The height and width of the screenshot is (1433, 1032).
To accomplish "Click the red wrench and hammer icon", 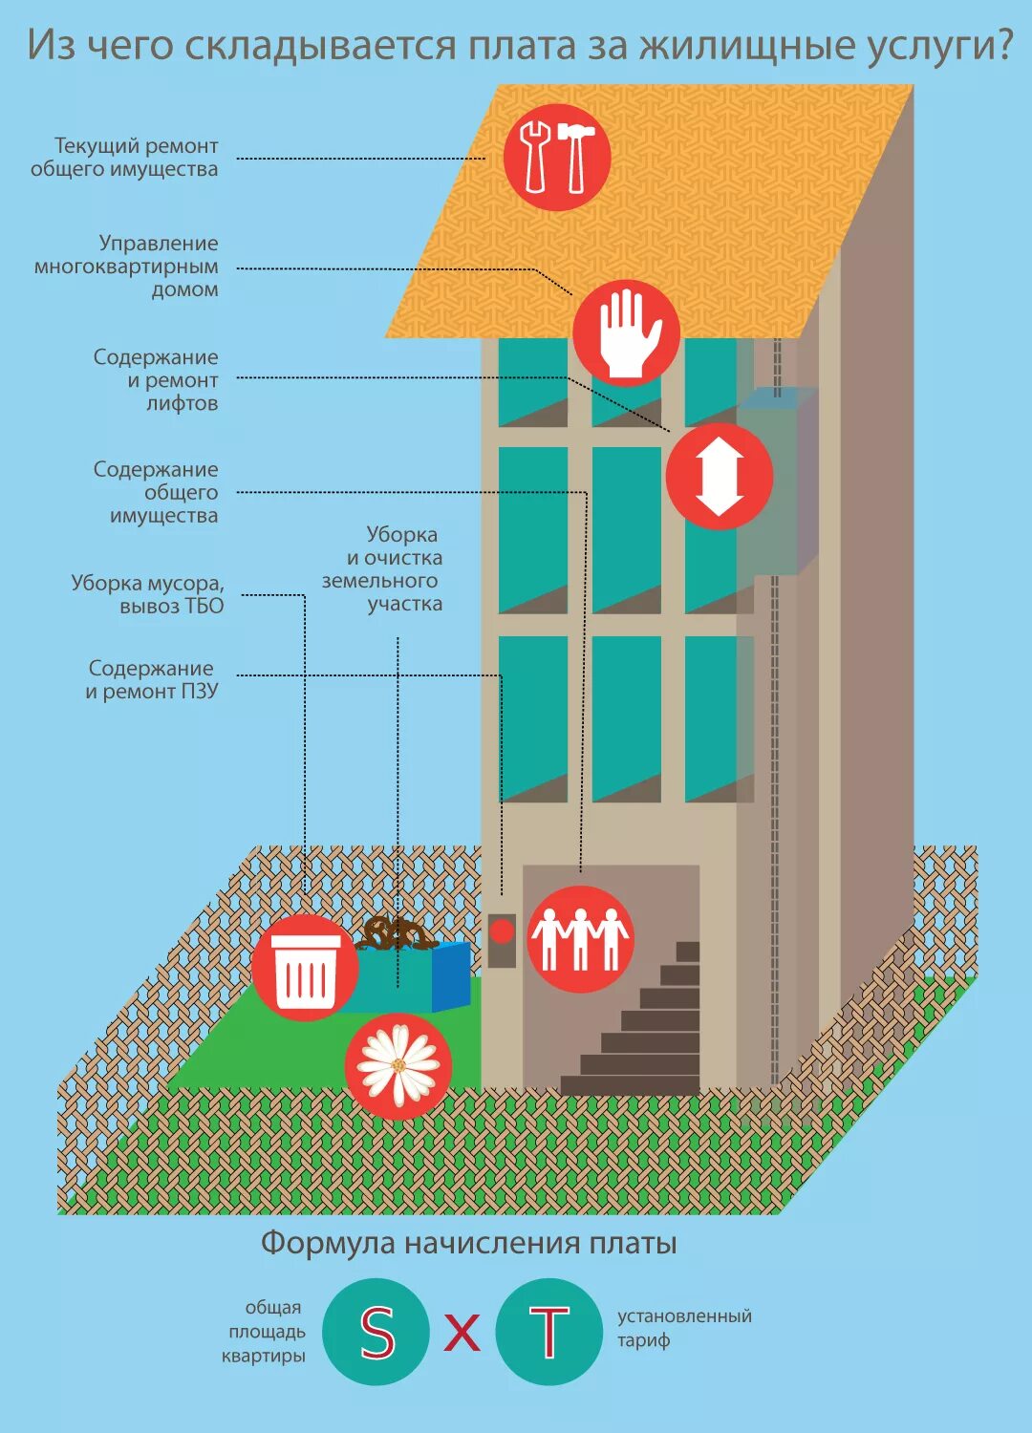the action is (x=557, y=158).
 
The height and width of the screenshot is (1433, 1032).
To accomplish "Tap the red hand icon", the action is (x=626, y=333).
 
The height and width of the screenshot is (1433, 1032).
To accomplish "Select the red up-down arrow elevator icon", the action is (x=720, y=476).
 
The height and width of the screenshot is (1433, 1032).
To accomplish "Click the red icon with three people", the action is (x=580, y=938).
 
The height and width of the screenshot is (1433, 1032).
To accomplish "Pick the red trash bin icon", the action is (x=306, y=968).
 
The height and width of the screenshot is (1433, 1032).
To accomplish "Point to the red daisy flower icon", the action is (x=398, y=1066).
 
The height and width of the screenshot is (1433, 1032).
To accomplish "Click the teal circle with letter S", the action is (x=376, y=1332).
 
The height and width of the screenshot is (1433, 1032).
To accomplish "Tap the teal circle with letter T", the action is (x=549, y=1332).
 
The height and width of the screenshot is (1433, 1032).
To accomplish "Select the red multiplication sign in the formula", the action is (x=462, y=1332).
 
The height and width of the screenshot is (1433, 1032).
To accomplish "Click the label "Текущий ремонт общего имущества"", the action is (x=125, y=158).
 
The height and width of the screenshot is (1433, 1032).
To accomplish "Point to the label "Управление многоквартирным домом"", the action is (x=127, y=267).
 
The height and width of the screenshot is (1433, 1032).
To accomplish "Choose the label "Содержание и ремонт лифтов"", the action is (x=157, y=380).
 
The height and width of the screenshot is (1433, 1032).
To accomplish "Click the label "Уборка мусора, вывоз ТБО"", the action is (x=148, y=594).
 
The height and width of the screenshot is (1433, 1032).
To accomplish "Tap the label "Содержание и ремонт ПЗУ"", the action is (x=151, y=679).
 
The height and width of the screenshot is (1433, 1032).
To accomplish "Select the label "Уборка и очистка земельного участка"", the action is (x=383, y=569).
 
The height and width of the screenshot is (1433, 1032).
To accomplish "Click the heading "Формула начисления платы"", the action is (x=469, y=1243).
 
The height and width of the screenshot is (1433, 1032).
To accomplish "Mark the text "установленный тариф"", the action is (x=683, y=1328).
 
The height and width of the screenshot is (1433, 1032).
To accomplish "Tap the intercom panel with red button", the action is (x=502, y=940).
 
